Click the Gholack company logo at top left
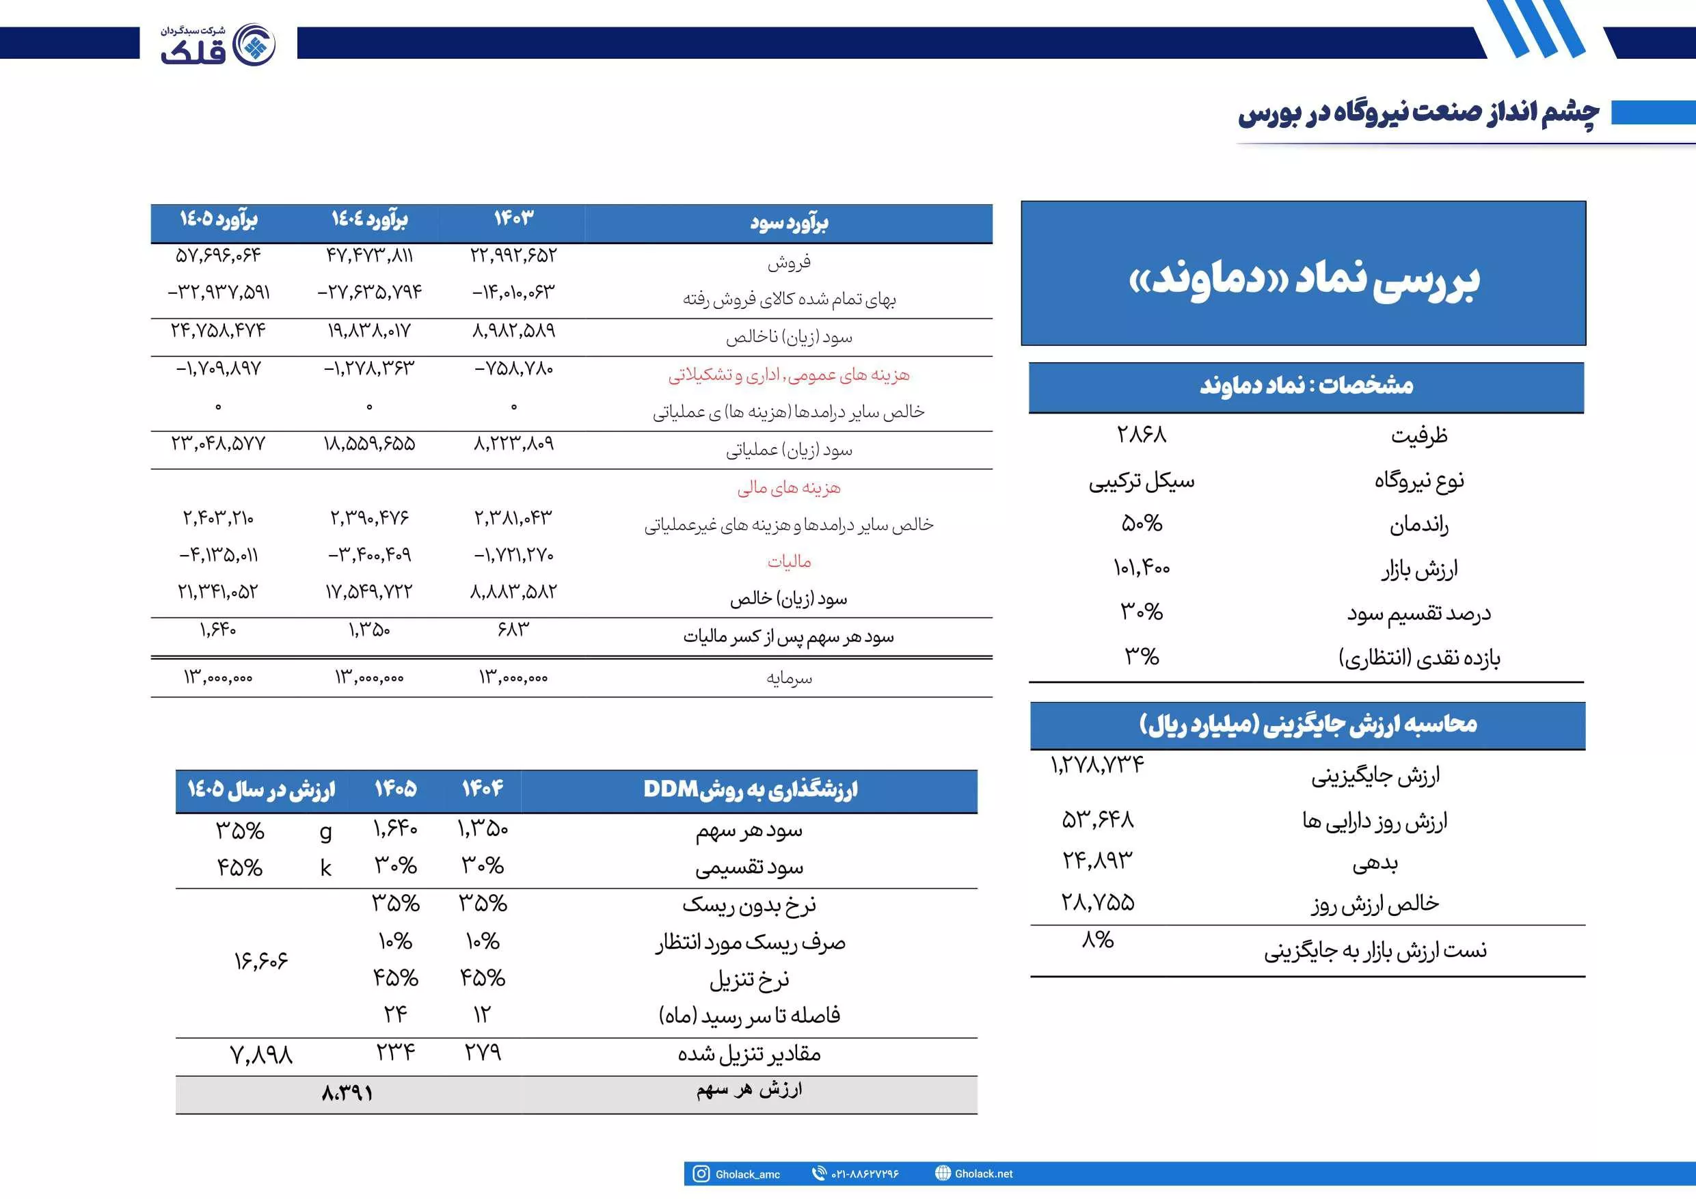pyautogui.click(x=218, y=44)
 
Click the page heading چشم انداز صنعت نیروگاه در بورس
pyautogui.click(x=1418, y=113)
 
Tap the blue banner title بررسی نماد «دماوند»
pyautogui.click(x=1304, y=280)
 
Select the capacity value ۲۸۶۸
pyautogui.click(x=1141, y=434)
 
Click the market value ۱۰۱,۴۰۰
pyautogui.click(x=1141, y=568)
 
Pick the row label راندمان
pyautogui.click(x=1418, y=525)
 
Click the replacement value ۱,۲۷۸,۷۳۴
pyautogui.click(x=1097, y=765)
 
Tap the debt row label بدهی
pyautogui.click(x=1375, y=863)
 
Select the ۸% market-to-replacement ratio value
pyautogui.click(x=1097, y=940)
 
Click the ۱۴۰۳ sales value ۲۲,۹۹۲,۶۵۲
pyautogui.click(x=513, y=256)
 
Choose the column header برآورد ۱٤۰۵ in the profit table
pyautogui.click(x=218, y=219)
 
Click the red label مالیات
pyautogui.click(x=789, y=562)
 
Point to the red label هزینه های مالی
pyautogui.click(x=789, y=487)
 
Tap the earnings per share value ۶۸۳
pyautogui.click(x=513, y=630)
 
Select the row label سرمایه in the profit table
pyautogui.click(x=789, y=678)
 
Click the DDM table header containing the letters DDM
pyautogui.click(x=750, y=790)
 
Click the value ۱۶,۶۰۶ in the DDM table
pyautogui.click(x=260, y=960)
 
